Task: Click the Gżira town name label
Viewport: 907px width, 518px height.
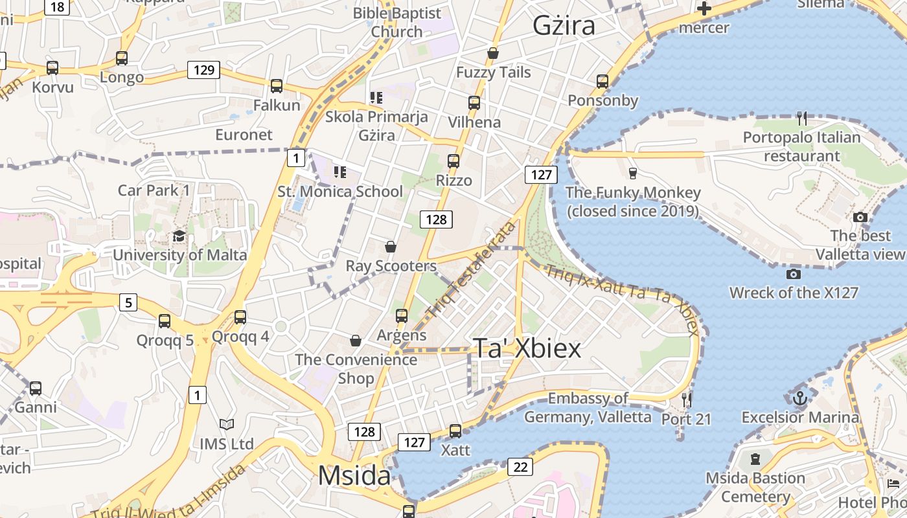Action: (564, 26)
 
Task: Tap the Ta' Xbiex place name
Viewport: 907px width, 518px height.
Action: (527, 348)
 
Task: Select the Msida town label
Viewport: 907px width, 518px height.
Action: (354, 477)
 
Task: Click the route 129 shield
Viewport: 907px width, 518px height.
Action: (204, 70)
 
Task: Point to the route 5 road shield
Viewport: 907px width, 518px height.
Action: (128, 302)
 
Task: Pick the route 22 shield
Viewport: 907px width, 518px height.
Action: (520, 466)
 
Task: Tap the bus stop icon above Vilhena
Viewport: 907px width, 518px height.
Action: (474, 102)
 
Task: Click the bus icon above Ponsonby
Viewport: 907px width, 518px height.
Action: (603, 81)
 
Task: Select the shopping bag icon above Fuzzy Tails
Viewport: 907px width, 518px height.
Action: (493, 52)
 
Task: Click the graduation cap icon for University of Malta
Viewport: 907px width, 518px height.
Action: (179, 236)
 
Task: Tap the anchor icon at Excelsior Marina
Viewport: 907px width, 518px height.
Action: (799, 397)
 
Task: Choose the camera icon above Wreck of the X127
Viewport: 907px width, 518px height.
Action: (793, 274)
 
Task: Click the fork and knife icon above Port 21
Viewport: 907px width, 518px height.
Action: (687, 400)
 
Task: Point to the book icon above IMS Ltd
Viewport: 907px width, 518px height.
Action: (226, 425)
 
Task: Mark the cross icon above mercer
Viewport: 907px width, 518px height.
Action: (704, 8)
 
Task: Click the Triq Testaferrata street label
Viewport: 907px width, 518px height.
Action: (471, 269)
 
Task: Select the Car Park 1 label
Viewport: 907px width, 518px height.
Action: (154, 190)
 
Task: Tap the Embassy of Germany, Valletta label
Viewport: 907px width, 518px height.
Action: (588, 407)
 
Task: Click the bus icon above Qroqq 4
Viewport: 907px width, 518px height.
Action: (240, 317)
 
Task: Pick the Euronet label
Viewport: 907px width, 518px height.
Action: (244, 135)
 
